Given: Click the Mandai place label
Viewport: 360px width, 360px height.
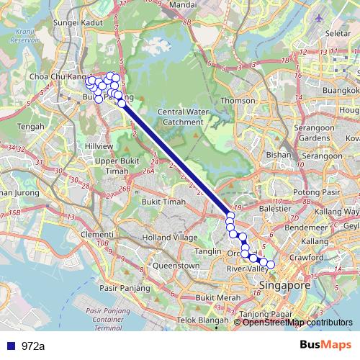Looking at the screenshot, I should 184,5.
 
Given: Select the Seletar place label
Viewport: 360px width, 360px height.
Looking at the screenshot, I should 338,33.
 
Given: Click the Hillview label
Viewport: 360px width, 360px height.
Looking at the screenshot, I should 99,145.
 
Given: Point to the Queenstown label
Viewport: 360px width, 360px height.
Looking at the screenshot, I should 175,266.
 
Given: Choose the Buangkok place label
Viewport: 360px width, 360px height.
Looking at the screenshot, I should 341,91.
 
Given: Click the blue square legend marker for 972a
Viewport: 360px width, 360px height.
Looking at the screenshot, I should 11,346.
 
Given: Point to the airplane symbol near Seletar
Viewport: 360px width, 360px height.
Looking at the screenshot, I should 319,17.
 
